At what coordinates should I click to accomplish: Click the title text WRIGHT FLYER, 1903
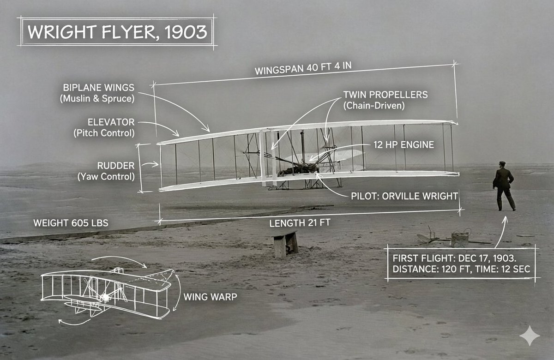click(116, 32)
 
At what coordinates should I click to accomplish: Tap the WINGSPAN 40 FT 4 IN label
click(303, 68)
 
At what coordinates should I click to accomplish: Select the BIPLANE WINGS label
click(99, 87)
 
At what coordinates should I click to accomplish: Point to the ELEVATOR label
click(111, 122)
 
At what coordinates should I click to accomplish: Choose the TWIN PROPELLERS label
click(385, 95)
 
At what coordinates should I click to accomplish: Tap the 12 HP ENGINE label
click(403, 144)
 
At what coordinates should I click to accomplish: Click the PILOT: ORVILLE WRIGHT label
click(404, 196)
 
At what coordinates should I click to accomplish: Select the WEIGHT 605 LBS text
click(71, 223)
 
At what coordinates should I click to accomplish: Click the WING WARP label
click(210, 296)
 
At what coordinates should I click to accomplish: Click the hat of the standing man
click(502, 163)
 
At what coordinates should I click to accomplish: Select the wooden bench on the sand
click(285, 244)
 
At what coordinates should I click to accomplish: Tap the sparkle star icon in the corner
click(529, 336)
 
